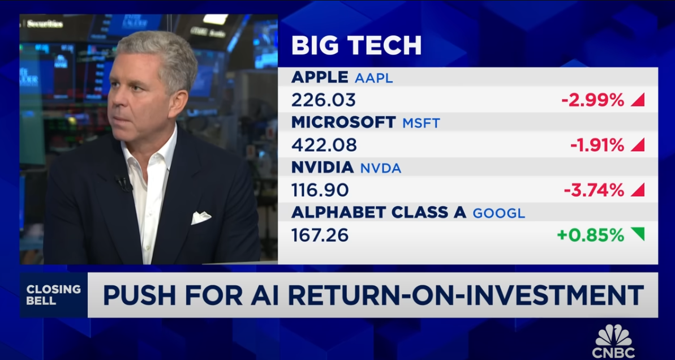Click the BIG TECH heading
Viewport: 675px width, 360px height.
(x=356, y=45)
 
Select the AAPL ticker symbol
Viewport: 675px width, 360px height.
(x=373, y=78)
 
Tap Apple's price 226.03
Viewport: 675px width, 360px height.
(x=323, y=100)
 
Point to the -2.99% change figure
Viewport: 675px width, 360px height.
(x=592, y=100)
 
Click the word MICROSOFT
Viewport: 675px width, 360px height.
(x=343, y=122)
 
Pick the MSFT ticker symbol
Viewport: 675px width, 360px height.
(x=421, y=123)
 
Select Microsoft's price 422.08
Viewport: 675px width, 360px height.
(x=324, y=145)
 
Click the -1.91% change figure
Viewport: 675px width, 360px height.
(x=597, y=145)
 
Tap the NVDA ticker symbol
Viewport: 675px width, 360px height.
(x=381, y=168)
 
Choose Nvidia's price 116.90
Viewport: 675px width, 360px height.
(x=320, y=190)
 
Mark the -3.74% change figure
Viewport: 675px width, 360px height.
(x=594, y=190)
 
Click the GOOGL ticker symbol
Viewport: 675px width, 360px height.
(x=499, y=213)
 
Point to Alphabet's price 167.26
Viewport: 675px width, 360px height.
(x=320, y=235)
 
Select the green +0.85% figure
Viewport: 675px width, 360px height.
(x=590, y=235)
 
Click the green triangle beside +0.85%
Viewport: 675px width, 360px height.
(x=639, y=233)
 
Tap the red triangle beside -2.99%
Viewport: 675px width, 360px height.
(x=639, y=101)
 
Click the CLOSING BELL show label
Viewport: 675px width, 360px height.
(x=53, y=295)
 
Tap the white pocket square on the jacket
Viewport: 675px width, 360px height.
(x=201, y=217)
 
